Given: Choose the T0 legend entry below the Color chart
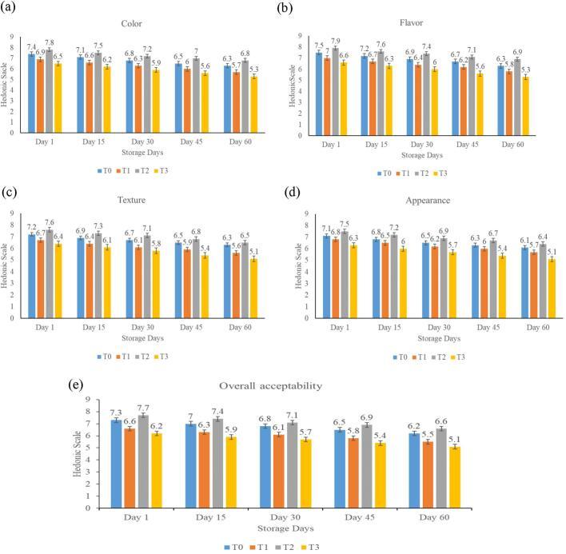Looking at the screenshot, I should [x=96, y=169].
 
